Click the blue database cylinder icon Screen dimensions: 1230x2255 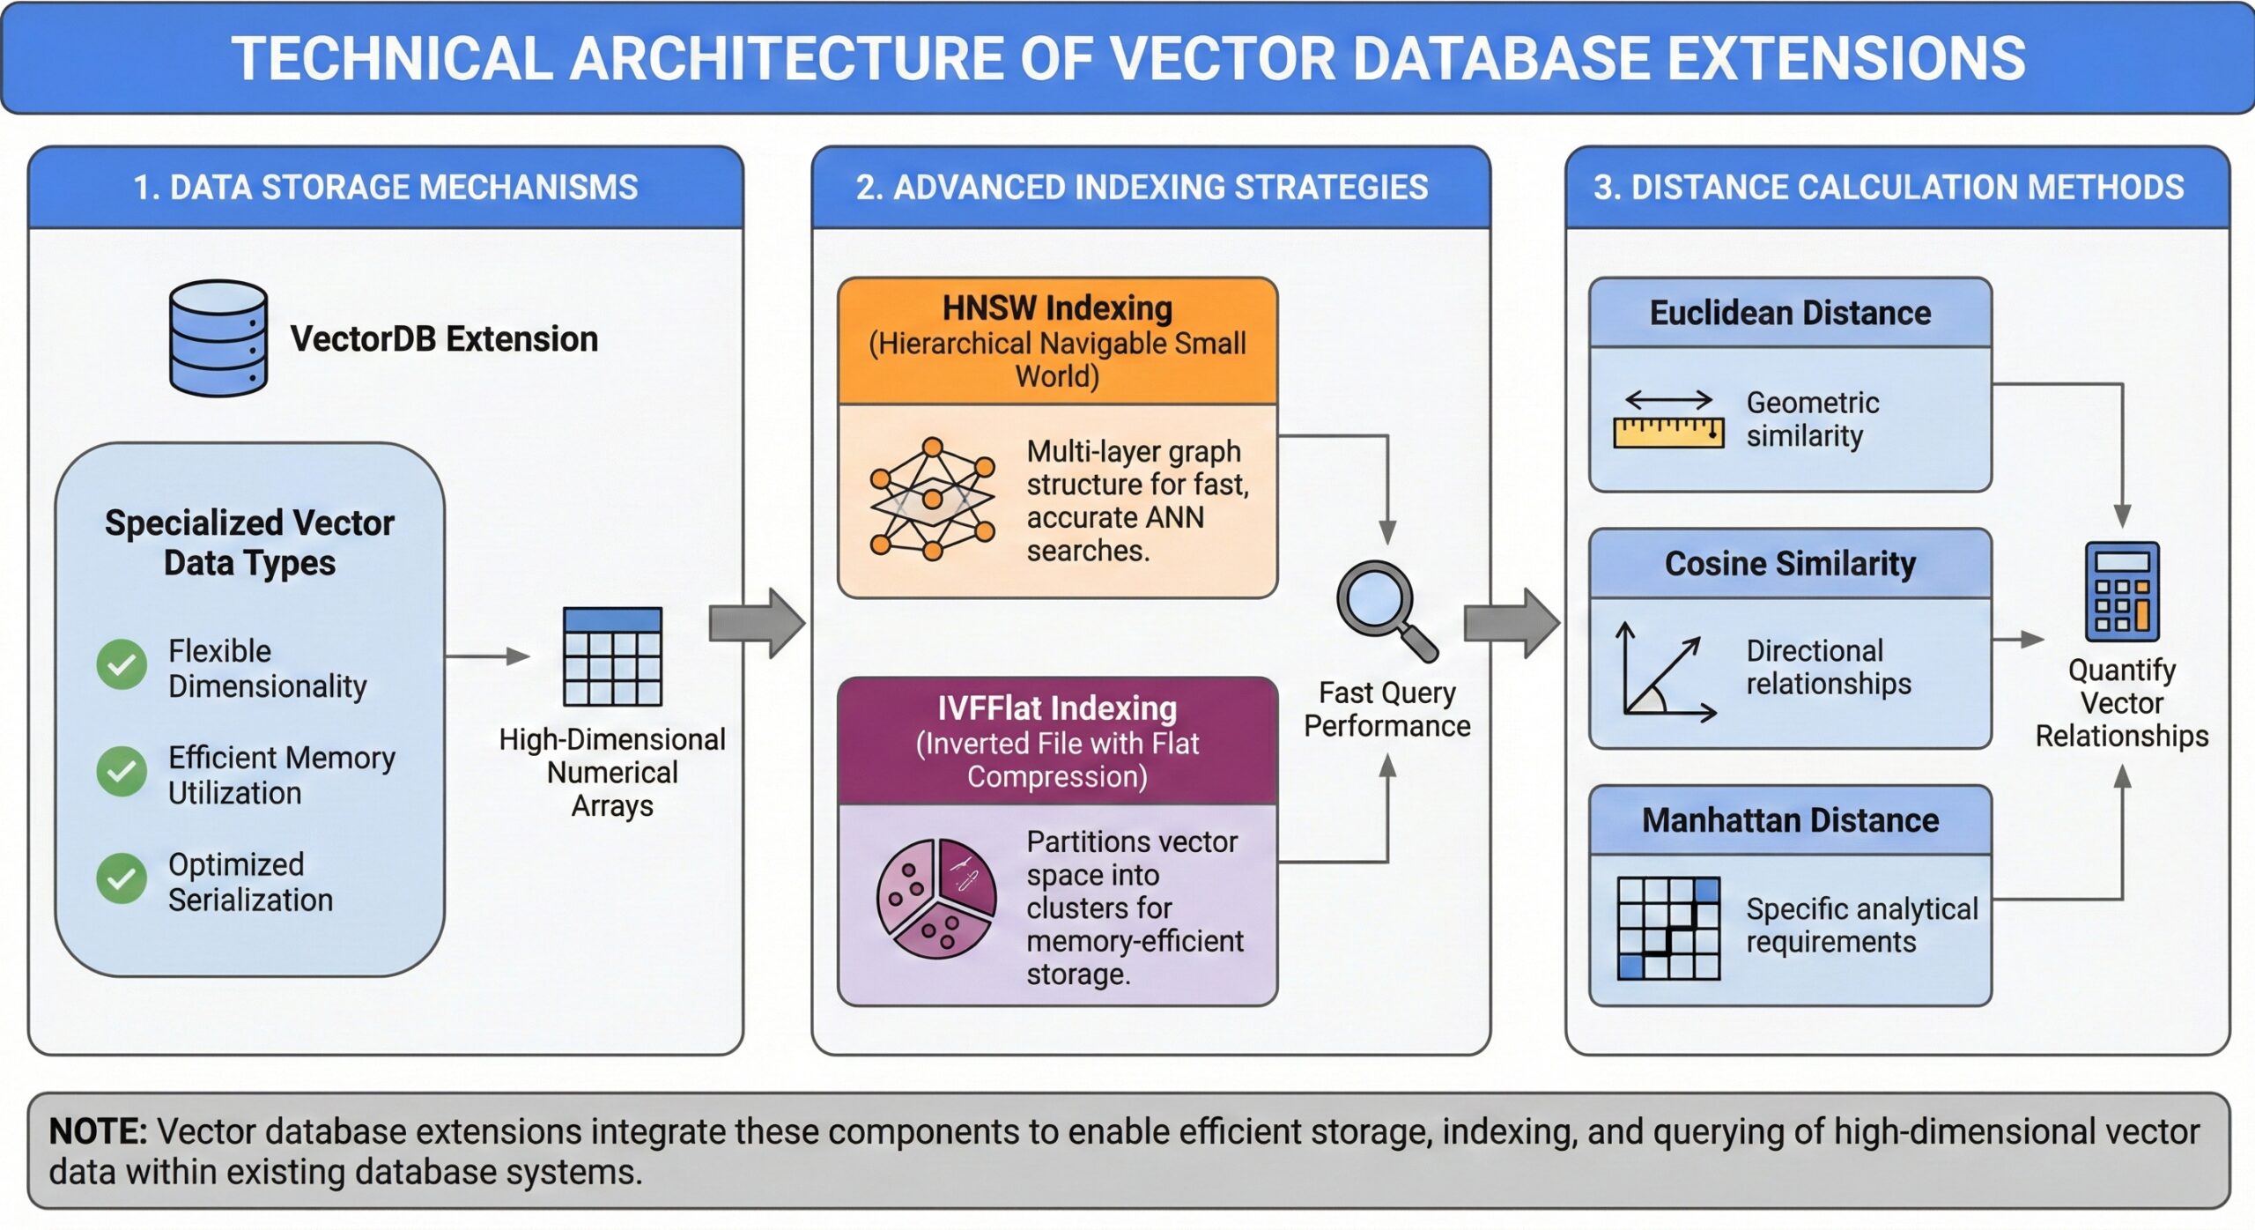click(218, 338)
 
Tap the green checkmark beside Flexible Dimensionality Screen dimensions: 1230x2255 click(122, 664)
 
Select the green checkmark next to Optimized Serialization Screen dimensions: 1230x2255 click(122, 878)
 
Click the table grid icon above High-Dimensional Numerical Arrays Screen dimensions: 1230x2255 click(612, 656)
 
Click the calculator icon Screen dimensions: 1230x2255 click(2122, 591)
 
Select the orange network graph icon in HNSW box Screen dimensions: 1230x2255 click(932, 500)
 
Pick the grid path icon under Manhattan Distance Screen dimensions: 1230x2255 click(1668, 929)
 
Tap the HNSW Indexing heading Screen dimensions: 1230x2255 click(1057, 308)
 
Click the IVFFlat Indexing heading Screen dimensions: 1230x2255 click(1057, 708)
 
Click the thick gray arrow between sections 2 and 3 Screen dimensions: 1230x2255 click(1511, 623)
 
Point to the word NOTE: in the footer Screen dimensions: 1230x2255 click(98, 1131)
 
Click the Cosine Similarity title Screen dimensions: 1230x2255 click(1790, 564)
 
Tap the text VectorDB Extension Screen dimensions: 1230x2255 click(444, 339)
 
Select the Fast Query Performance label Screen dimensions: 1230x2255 click(1386, 709)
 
